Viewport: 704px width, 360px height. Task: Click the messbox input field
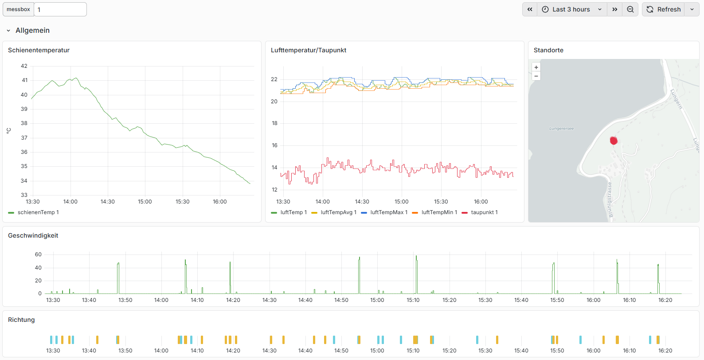click(60, 9)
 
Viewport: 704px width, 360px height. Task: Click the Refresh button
click(664, 9)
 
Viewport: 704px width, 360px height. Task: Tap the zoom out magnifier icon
click(630, 9)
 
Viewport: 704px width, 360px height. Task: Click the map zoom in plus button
click(536, 67)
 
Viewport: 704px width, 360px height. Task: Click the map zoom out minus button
click(536, 76)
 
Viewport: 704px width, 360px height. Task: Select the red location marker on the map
click(614, 141)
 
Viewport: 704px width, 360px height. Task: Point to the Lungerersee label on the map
click(561, 128)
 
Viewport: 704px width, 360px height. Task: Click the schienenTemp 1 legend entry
click(33, 212)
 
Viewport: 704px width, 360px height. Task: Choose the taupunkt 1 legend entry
click(480, 212)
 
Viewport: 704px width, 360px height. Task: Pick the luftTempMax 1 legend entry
click(384, 212)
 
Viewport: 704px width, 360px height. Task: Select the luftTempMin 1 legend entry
click(434, 212)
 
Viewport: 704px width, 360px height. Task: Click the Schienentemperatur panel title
click(39, 50)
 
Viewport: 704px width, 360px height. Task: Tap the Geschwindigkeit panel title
click(33, 235)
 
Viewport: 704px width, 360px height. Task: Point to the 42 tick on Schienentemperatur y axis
click(24, 66)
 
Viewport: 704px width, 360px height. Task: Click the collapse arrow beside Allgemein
click(8, 31)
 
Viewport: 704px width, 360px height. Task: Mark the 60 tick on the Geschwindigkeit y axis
click(38, 254)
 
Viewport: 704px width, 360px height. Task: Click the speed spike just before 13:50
click(118, 278)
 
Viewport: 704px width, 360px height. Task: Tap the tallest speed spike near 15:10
click(416, 274)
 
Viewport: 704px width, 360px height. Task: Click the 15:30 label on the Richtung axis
click(485, 351)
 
